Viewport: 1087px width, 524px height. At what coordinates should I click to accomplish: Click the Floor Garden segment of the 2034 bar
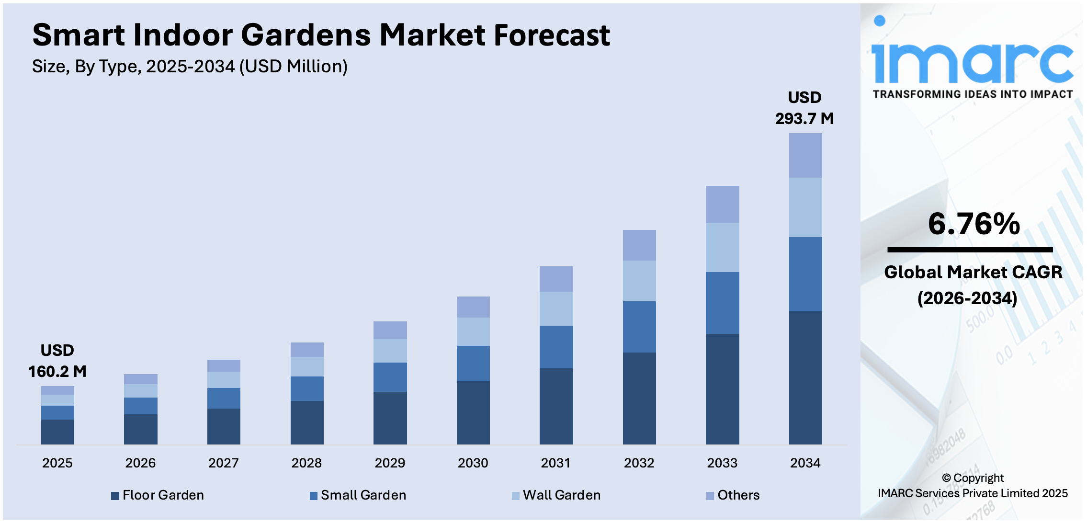[x=805, y=377]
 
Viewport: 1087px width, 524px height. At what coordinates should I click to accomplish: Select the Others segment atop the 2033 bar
[x=722, y=204]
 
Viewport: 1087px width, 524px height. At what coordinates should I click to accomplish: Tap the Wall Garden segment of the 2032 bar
[x=639, y=281]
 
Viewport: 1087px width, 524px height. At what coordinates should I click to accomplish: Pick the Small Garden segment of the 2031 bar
[x=556, y=347]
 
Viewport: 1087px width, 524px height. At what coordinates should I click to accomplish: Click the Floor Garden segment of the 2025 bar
[x=57, y=432]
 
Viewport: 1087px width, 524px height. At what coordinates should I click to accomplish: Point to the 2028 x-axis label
[x=306, y=463]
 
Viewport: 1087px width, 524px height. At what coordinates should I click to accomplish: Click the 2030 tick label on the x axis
[x=473, y=463]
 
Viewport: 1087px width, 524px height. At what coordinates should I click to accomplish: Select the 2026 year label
[x=140, y=463]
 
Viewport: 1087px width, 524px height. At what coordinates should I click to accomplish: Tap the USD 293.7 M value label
[x=804, y=108]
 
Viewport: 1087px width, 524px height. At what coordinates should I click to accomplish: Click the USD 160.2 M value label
[x=57, y=361]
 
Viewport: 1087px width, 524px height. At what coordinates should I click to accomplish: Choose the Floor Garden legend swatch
[x=115, y=496]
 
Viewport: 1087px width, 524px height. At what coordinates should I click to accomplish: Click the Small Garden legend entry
[x=363, y=495]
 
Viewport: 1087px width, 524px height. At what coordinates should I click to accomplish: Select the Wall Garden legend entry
[x=561, y=495]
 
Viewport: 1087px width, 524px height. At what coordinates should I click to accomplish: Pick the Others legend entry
[x=738, y=495]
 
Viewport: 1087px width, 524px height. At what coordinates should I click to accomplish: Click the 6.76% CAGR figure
[x=974, y=224]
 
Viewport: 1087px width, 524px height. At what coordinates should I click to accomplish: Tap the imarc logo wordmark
[x=972, y=62]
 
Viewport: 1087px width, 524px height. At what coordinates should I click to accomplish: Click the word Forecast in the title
[x=552, y=35]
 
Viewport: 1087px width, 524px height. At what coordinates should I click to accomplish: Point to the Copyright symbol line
[x=973, y=478]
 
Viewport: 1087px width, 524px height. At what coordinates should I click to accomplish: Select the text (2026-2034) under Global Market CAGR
[x=967, y=298]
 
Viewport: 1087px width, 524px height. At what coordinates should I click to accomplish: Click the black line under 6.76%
[x=970, y=250]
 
